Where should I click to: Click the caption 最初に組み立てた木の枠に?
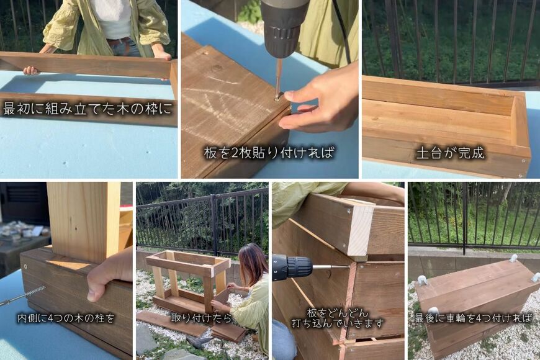(88, 109)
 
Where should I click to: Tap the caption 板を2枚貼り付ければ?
(269, 153)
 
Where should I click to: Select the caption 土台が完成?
(451, 153)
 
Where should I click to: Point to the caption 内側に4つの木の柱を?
(66, 318)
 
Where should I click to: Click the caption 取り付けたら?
(202, 318)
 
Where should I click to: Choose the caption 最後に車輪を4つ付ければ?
(474, 318)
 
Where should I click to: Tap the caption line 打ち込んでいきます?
(338, 323)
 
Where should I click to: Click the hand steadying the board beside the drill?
(317, 104)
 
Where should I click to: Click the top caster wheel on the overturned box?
(513, 258)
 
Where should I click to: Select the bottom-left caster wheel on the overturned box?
(433, 311)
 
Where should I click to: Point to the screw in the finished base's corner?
(524, 161)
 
